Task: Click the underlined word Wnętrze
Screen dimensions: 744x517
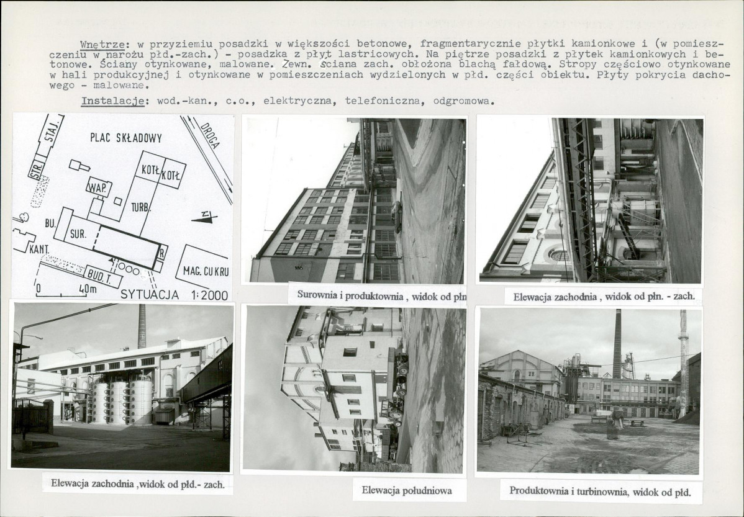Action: pos(102,45)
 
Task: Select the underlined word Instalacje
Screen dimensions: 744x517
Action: pos(112,101)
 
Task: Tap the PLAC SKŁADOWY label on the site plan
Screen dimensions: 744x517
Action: pos(126,138)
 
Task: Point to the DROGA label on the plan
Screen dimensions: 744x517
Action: pos(210,136)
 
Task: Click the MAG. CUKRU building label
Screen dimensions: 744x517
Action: pos(206,272)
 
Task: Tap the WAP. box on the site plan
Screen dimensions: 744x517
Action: pos(99,188)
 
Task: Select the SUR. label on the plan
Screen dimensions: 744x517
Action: pos(78,234)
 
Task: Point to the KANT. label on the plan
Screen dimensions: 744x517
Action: pos(39,249)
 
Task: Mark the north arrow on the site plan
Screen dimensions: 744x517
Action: pos(204,218)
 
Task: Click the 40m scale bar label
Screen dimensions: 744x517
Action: pos(88,289)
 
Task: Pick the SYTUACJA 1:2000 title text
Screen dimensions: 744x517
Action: pos(174,295)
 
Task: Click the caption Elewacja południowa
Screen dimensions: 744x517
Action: pos(407,490)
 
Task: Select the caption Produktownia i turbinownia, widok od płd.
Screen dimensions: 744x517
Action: pos(600,492)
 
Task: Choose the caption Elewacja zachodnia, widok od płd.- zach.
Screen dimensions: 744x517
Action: pos(138,484)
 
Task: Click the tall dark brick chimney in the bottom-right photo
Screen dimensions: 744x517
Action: pos(616,343)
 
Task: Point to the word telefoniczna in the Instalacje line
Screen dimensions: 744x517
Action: pos(383,101)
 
